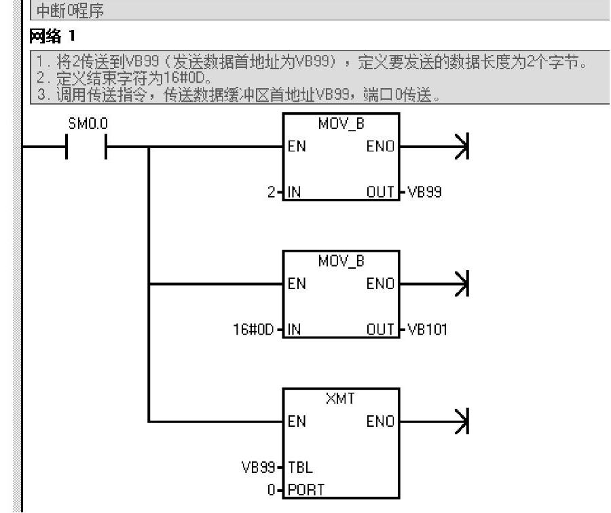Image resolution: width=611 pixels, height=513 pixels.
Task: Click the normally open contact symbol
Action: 86,147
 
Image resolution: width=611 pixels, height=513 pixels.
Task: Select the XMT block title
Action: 341,398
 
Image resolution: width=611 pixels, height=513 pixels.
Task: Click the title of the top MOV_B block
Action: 341,123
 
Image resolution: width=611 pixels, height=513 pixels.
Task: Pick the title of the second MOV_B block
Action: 341,261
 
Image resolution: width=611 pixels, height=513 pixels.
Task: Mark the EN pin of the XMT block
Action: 297,421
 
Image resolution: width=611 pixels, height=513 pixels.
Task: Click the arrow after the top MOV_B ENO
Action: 463,147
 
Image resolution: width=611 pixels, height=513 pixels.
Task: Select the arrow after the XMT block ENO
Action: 463,421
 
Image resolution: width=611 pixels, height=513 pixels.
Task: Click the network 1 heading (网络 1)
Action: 52,36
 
